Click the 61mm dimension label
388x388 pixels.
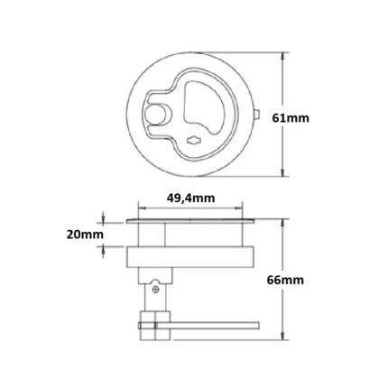click(x=291, y=118)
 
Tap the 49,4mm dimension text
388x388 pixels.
click(x=190, y=199)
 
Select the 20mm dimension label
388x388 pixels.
click(x=85, y=235)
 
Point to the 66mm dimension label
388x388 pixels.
click(x=285, y=281)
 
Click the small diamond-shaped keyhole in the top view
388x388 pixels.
click(x=194, y=140)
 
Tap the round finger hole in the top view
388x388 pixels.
click(x=155, y=115)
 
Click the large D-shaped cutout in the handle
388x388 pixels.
click(x=203, y=106)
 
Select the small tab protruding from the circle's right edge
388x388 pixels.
click(x=257, y=115)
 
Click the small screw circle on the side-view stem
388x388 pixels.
click(x=155, y=290)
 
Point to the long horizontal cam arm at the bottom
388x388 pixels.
click(x=208, y=326)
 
